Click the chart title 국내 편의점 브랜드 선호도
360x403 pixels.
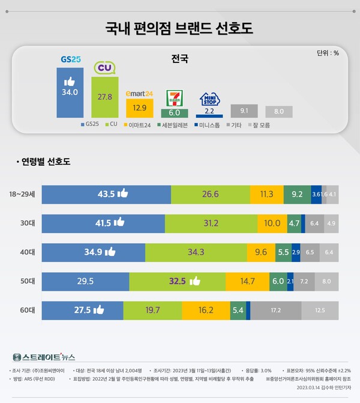pos(180,28)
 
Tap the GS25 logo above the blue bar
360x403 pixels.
pos(70,59)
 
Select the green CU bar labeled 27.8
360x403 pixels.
pos(105,97)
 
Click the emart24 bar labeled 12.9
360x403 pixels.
pos(139,108)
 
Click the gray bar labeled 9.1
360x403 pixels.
pos(244,111)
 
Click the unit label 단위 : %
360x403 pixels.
pos(328,53)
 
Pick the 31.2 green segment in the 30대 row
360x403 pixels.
pos(211,223)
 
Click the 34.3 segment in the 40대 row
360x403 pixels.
pos(196,252)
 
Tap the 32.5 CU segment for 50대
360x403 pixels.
pos(178,281)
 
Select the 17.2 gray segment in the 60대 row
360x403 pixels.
pos(275,311)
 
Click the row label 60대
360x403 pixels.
pos(27,311)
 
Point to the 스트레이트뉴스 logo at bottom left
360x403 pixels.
pos(43,357)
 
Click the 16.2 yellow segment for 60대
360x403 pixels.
pos(206,311)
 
